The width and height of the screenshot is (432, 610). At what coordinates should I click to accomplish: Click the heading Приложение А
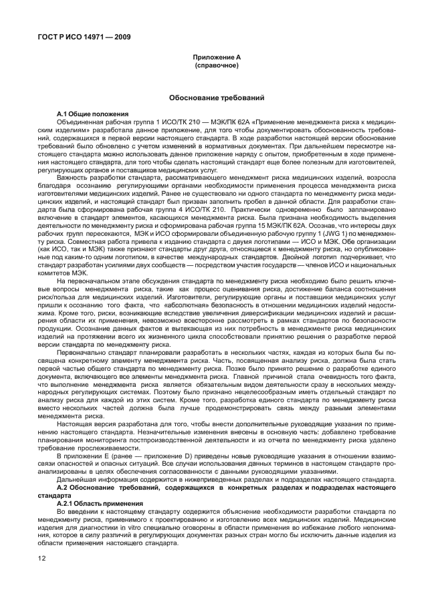tap(215, 59)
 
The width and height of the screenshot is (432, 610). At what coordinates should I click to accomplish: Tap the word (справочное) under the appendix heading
tap(215, 67)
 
